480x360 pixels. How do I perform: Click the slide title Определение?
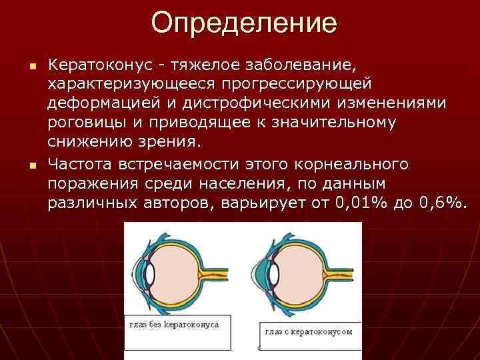[x=244, y=23]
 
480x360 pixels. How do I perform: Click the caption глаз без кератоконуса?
[x=174, y=325]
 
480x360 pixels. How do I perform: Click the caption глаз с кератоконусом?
[x=308, y=331]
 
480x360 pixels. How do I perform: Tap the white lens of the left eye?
[x=150, y=273]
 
